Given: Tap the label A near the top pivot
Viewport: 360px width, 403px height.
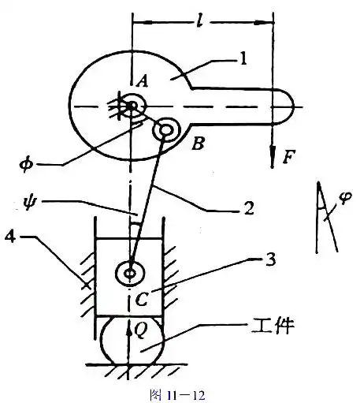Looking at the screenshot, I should tap(142, 80).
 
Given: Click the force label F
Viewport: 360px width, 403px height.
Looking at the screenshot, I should tap(289, 157).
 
